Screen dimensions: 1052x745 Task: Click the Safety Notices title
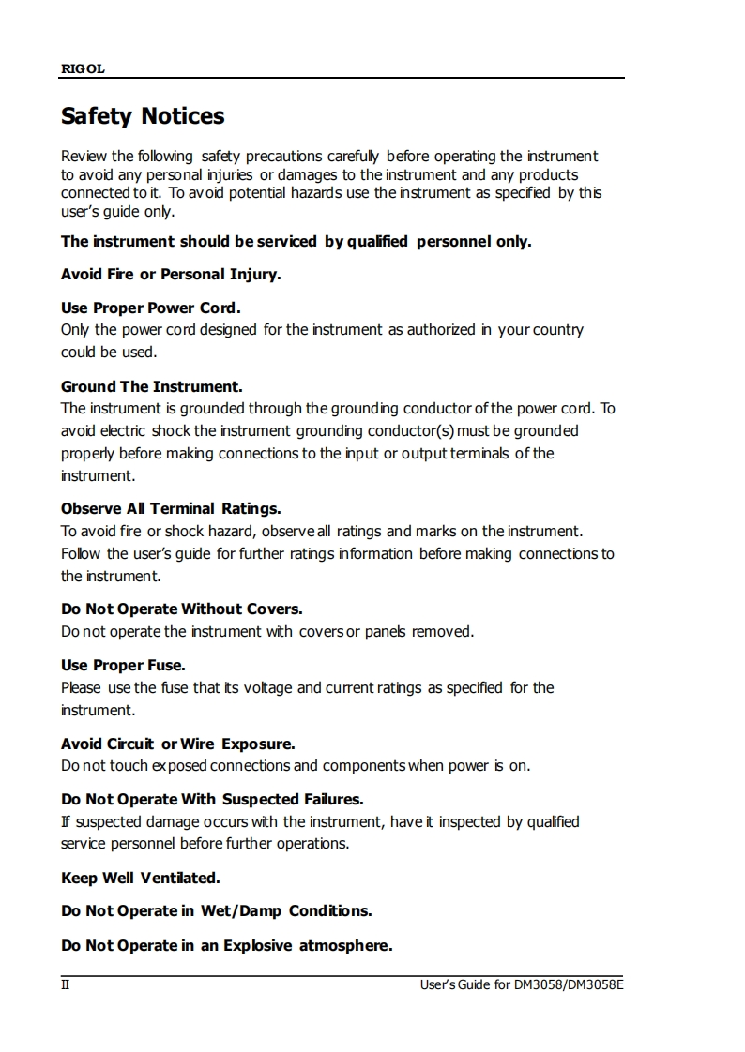(x=143, y=116)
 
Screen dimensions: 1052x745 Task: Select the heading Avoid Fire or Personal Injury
(x=171, y=275)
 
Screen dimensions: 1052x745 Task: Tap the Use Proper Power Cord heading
(x=151, y=308)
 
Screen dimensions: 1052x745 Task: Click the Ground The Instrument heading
(x=152, y=386)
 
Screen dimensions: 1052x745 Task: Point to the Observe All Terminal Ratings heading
(x=171, y=509)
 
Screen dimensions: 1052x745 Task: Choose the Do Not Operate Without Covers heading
(x=182, y=609)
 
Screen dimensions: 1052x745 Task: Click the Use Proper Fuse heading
(x=123, y=666)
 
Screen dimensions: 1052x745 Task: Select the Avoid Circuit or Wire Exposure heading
(x=178, y=744)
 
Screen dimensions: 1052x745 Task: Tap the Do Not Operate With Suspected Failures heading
(x=212, y=800)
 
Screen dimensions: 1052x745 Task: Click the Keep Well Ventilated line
(x=141, y=879)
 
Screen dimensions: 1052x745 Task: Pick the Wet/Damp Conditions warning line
(x=217, y=911)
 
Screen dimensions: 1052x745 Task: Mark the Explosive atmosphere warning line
(x=226, y=945)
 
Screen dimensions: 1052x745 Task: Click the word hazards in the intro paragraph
(x=277, y=193)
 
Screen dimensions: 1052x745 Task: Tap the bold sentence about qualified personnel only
(x=296, y=242)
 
